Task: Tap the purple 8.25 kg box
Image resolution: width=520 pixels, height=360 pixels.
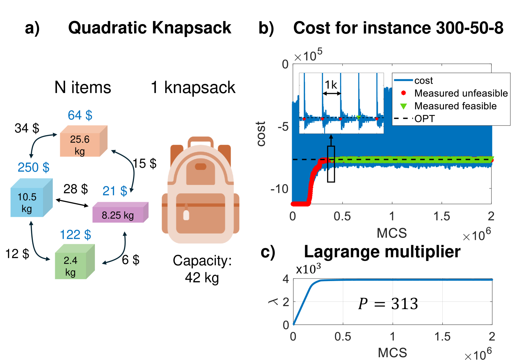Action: (x=119, y=213)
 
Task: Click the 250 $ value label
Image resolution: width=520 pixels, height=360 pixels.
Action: (x=33, y=167)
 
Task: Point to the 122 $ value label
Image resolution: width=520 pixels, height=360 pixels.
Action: (x=75, y=234)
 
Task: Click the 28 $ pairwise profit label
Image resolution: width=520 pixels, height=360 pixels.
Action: (x=75, y=189)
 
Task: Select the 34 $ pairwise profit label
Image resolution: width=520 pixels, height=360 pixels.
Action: (x=27, y=128)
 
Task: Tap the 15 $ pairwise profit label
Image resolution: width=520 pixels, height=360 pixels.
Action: (x=145, y=163)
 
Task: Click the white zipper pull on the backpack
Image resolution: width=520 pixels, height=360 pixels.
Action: (x=186, y=215)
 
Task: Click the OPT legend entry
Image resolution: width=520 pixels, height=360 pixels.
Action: (x=425, y=119)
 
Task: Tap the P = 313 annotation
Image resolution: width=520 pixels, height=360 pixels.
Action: (x=388, y=304)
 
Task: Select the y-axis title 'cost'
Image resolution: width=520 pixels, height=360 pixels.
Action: (x=261, y=134)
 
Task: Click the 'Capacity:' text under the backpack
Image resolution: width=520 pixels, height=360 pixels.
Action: (x=202, y=260)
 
